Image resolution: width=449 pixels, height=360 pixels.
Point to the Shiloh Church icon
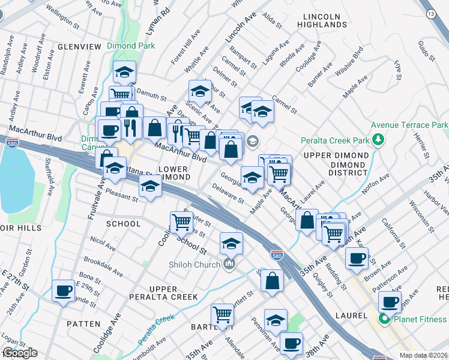click(229, 264)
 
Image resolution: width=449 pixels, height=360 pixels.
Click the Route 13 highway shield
click(430, 14)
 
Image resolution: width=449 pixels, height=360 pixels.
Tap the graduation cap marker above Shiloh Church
click(231, 244)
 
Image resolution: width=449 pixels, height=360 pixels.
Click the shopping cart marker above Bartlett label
click(222, 313)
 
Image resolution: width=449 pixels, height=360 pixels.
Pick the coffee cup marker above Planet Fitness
click(389, 301)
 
